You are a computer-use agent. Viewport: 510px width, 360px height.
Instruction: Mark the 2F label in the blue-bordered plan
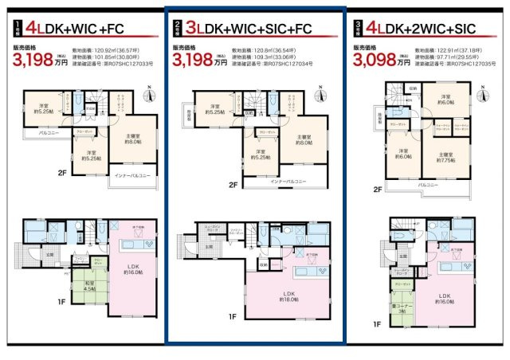click(x=233, y=186)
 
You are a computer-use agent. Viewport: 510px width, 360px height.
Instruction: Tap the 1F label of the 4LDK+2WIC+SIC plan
click(x=377, y=325)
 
